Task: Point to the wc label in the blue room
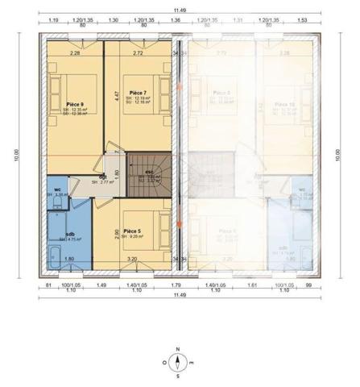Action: pos(58,189)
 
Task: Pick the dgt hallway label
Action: pos(103,177)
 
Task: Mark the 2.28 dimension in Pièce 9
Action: pos(75,53)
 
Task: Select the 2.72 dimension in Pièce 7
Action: pos(138,53)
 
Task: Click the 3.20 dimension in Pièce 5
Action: pos(133,259)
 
